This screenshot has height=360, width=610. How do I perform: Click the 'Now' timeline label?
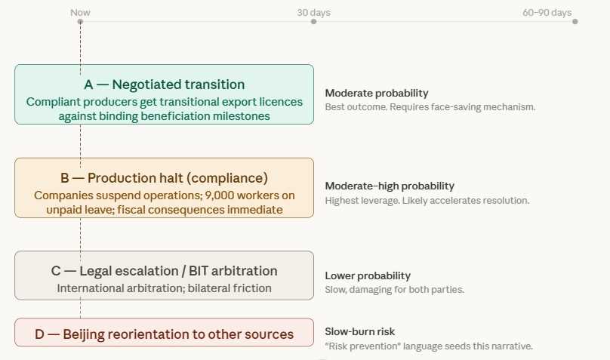[80, 12]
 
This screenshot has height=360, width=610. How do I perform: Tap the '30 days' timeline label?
[313, 12]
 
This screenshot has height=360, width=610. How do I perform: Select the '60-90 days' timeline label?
[547, 12]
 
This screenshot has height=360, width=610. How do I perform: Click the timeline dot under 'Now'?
[80, 22]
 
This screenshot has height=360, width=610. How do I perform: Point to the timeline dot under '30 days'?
[313, 22]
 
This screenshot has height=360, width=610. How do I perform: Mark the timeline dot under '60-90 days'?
[575, 22]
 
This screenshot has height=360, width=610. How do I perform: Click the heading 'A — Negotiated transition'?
[164, 85]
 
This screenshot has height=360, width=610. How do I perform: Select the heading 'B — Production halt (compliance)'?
[164, 178]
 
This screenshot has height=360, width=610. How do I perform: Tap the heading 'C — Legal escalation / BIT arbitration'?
[164, 271]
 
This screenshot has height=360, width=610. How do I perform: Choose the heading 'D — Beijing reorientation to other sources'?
[164, 334]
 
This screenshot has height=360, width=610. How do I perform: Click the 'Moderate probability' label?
[377, 94]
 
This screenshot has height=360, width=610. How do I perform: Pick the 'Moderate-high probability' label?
[390, 186]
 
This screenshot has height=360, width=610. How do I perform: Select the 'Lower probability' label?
[368, 275]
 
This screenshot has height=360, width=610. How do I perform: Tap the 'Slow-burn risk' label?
[359, 331]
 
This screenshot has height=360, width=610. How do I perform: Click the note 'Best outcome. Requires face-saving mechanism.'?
[430, 107]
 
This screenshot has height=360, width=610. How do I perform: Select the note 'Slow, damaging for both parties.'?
[395, 290]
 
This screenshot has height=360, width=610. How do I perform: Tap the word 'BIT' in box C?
[199, 271]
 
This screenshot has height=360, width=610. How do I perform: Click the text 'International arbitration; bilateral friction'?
[164, 288]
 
